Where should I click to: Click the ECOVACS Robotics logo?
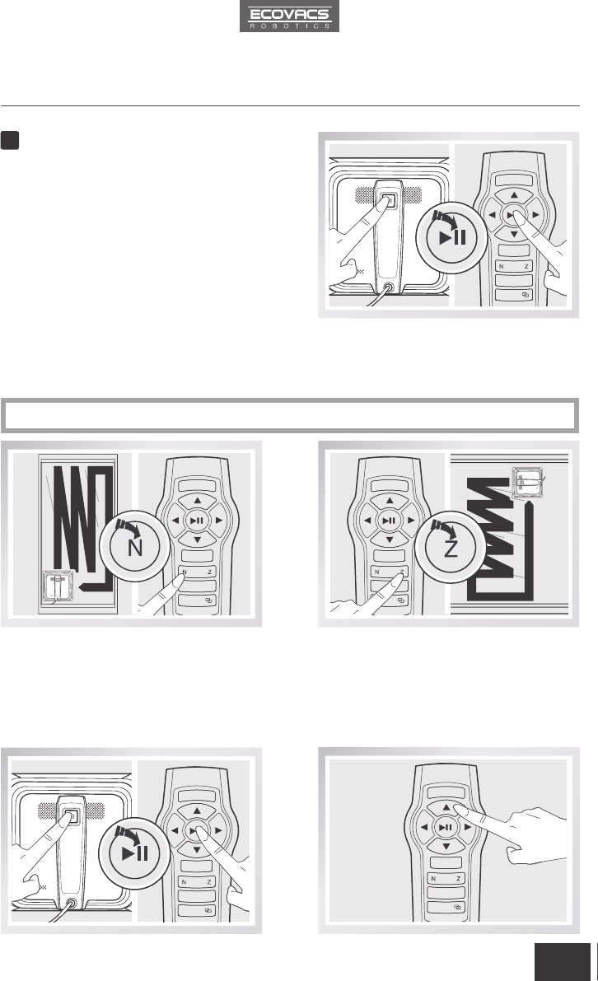point(289,16)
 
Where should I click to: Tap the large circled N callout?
point(134,546)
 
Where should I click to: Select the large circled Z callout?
point(451,546)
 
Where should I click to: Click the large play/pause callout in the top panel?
point(451,237)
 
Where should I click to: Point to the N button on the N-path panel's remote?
point(185,572)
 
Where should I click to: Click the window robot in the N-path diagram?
point(57,586)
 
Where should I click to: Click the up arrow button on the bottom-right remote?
point(446,808)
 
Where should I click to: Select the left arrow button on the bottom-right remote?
point(424,827)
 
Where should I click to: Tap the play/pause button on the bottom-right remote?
point(446,827)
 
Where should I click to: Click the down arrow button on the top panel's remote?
point(514,234)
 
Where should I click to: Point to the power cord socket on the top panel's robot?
point(389,287)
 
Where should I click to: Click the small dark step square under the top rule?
point(9,140)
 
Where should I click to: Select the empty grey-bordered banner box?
point(290,415)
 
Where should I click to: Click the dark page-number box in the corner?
point(563,962)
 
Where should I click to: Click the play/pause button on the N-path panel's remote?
point(197,520)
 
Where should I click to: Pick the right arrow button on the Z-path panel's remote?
point(411,520)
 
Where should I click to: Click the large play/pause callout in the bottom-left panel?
point(134,853)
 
